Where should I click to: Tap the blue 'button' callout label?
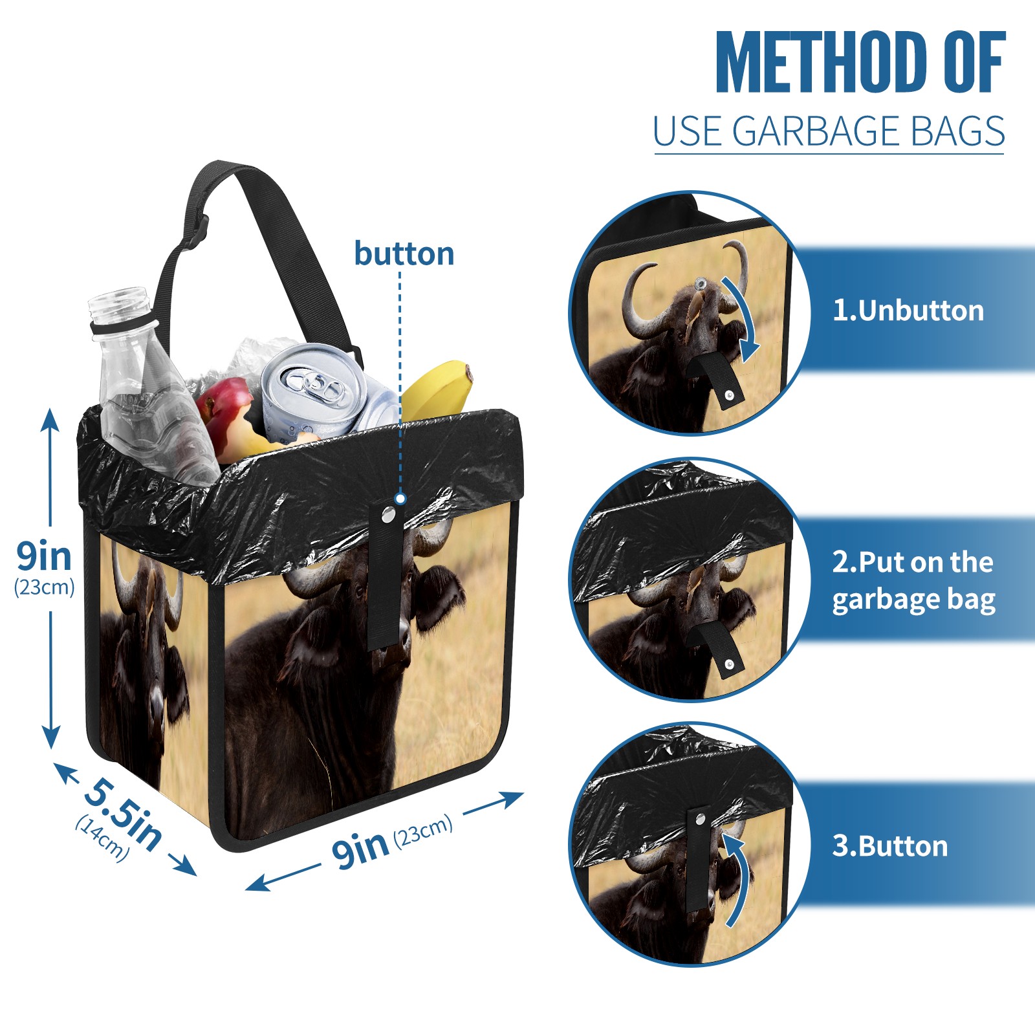(x=404, y=254)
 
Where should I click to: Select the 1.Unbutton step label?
(x=908, y=310)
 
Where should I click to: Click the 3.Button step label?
(x=889, y=846)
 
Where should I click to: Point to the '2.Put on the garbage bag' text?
(x=913, y=581)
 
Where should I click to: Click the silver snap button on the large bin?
(x=388, y=515)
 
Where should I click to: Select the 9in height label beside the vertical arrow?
(x=44, y=556)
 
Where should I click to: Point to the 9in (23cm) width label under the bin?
(x=392, y=842)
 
